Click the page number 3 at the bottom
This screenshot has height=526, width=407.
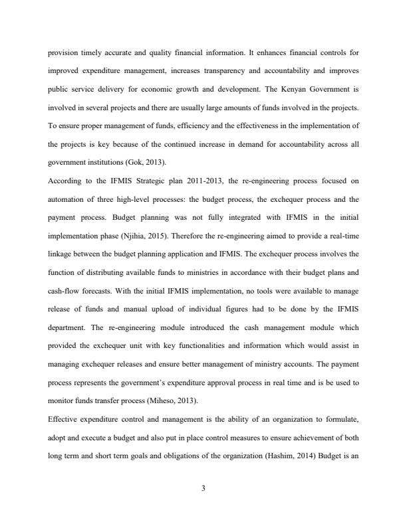[203, 489]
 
